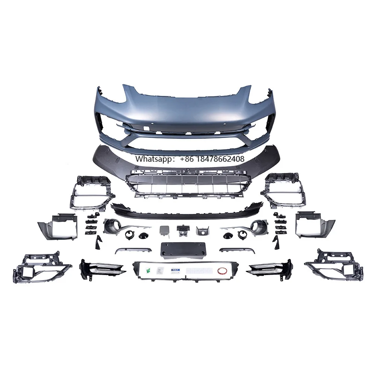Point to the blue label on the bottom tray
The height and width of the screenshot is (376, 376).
175,270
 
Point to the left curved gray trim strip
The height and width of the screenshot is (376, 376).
133,250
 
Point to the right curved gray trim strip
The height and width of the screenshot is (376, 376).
237,250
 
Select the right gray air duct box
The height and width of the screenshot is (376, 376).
315,225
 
